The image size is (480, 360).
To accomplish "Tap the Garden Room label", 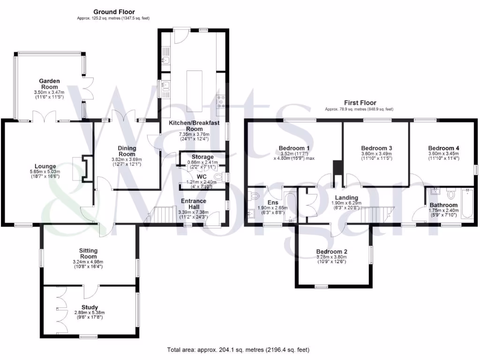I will point(49,83).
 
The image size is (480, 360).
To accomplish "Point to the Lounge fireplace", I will point(85,168).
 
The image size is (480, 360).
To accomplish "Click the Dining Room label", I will point(127,151).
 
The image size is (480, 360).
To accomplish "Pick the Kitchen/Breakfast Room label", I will point(194,126).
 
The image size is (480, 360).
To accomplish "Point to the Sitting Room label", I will point(88,253).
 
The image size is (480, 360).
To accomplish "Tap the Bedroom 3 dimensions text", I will point(376,156).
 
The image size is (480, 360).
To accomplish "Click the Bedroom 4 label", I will point(443,148).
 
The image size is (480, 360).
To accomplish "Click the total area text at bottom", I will point(239,350).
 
